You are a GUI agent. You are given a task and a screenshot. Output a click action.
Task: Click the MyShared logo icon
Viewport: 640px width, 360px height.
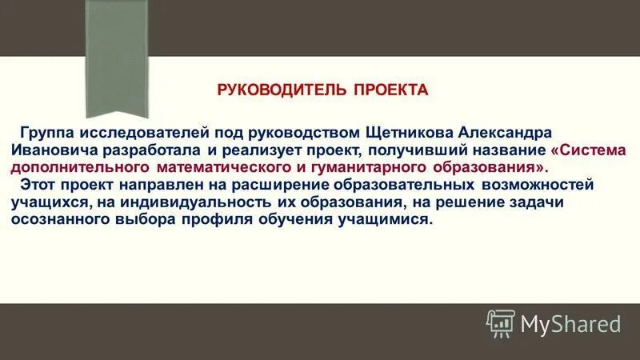tap(500, 323)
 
